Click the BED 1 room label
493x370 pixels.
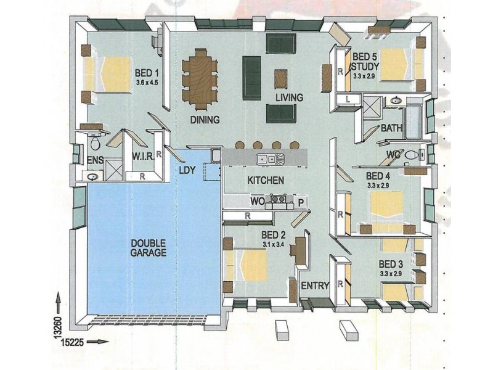point(147,73)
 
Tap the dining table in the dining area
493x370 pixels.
point(200,79)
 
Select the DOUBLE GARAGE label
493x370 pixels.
point(148,248)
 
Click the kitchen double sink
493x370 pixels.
point(270,158)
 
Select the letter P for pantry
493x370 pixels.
point(301,203)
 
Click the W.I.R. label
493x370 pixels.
point(143,157)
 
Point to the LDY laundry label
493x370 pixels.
point(187,170)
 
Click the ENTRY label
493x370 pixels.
point(315,286)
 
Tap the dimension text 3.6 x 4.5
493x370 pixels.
point(147,83)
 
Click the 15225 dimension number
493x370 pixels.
point(73,342)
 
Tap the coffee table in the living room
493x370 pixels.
point(281,80)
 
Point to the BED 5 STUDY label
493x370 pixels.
point(365,62)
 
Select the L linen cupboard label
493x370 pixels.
point(348,99)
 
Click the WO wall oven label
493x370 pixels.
point(258,202)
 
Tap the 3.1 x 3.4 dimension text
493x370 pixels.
point(274,244)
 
